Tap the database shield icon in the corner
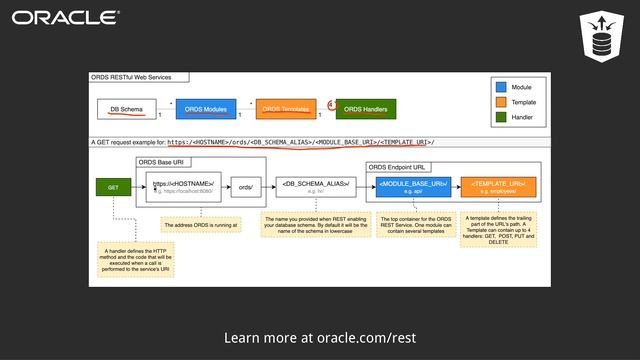pyautogui.click(x=601, y=37)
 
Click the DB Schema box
pyautogui.click(x=126, y=108)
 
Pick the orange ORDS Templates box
pyautogui.click(x=285, y=108)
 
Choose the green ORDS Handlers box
pyautogui.click(x=365, y=108)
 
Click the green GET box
pyautogui.click(x=113, y=186)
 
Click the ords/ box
pyautogui.click(x=245, y=186)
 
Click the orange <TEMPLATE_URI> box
pyautogui.click(x=498, y=186)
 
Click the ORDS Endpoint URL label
pyautogui.click(x=399, y=167)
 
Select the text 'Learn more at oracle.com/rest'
pyautogui.click(x=320, y=338)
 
